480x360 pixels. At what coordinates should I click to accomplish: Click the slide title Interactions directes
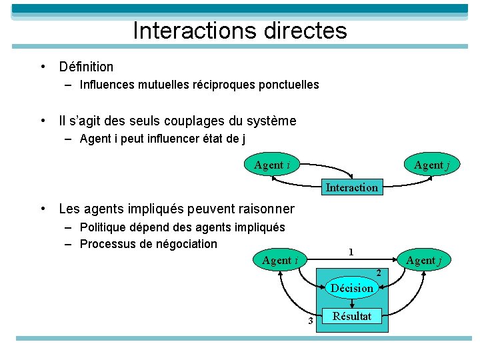240,31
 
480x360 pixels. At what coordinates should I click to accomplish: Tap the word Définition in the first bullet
86,67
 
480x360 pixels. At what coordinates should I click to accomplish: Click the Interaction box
351,187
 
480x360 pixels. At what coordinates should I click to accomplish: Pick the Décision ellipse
352,288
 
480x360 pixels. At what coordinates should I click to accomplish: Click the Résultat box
352,316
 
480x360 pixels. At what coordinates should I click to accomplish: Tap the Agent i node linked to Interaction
272,165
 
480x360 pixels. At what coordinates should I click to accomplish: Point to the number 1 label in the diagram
351,252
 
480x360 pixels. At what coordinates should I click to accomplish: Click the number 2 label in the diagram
378,273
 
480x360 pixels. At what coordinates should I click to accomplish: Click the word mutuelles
157,85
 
